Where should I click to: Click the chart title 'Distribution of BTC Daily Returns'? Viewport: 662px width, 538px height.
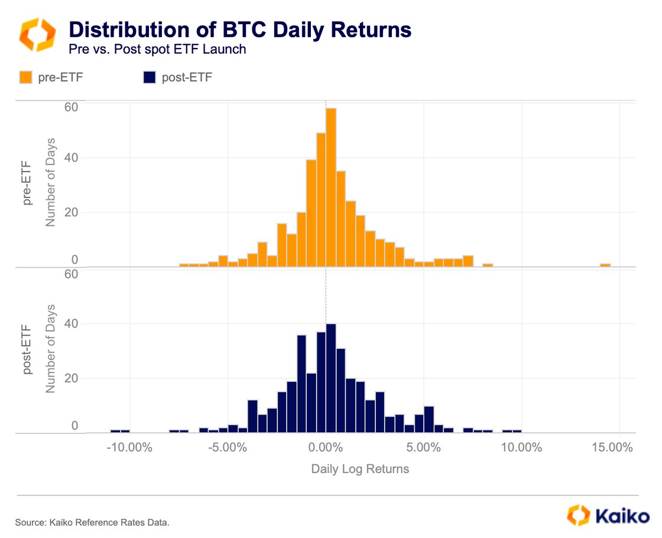point(240,30)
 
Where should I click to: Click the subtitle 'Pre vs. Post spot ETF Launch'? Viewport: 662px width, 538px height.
point(157,49)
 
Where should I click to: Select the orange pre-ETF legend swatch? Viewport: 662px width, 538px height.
point(26,77)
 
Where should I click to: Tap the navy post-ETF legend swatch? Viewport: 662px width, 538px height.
point(149,77)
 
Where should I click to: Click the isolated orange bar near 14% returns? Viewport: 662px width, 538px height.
point(605,265)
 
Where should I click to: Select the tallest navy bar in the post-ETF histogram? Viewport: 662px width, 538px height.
point(331,378)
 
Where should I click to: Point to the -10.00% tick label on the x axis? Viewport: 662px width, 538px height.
point(129,448)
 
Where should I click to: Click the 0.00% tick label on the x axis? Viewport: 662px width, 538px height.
point(326,448)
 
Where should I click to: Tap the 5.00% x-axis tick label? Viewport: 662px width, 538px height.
point(424,448)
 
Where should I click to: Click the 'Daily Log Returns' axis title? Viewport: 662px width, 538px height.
point(360,469)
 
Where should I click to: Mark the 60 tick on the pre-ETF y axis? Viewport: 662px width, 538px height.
point(71,108)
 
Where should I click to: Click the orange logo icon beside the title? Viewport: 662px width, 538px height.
point(37,34)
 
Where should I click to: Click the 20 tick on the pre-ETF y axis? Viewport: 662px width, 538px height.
point(71,212)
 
